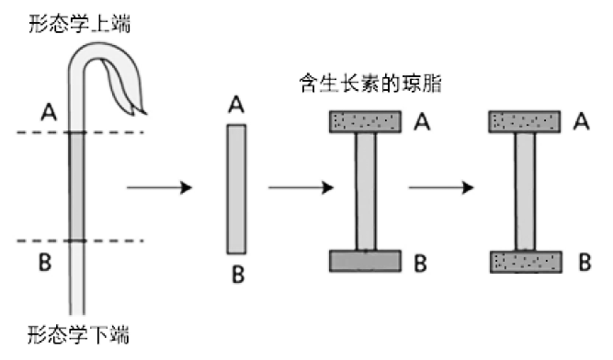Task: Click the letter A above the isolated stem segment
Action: click(236, 106)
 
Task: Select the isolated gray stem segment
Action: click(236, 187)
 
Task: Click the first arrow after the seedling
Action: click(157, 188)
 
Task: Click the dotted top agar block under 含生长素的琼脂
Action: click(364, 121)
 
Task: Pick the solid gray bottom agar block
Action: click(364, 261)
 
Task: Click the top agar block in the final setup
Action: click(525, 121)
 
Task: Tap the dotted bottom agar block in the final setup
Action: click(525, 262)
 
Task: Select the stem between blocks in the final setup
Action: click(525, 191)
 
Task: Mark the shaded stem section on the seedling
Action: click(78, 187)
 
